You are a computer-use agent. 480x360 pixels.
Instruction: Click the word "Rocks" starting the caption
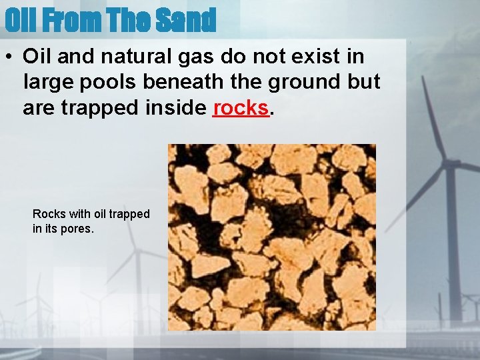coord(49,214)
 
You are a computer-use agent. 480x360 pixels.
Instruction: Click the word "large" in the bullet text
coord(47,82)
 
